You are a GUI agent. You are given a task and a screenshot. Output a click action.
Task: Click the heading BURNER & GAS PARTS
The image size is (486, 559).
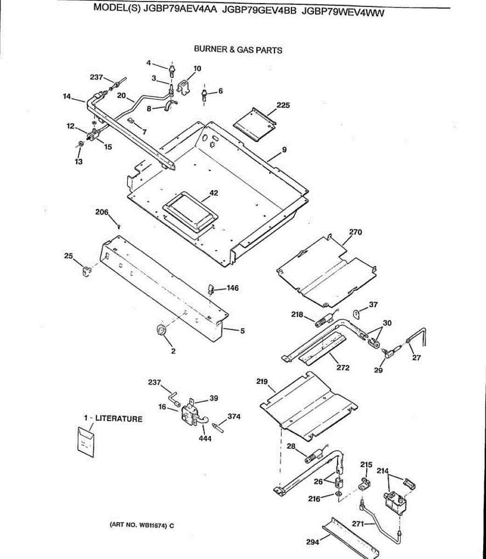(x=238, y=50)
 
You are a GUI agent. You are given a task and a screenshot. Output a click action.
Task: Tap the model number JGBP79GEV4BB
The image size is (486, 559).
(x=260, y=12)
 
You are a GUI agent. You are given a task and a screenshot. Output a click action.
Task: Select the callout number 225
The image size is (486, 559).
(x=283, y=105)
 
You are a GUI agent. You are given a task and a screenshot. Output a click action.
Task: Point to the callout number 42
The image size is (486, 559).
(x=214, y=193)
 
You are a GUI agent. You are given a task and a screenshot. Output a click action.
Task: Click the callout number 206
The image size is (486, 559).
(x=102, y=212)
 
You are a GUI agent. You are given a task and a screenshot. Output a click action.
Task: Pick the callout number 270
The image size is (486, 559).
(x=355, y=232)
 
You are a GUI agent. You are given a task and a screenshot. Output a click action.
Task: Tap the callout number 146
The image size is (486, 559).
(x=232, y=288)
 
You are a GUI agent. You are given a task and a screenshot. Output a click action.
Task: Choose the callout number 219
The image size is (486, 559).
(x=262, y=382)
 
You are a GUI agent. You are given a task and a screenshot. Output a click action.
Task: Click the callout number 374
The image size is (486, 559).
(x=234, y=416)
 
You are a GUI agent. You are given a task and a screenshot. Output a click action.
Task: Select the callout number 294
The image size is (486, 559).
(x=312, y=542)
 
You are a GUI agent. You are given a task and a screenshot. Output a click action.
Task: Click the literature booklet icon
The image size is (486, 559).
(x=85, y=439)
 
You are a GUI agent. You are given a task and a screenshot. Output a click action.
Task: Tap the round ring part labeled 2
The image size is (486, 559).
(x=161, y=330)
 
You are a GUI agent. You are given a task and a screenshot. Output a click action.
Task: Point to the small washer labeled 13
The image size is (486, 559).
(x=80, y=143)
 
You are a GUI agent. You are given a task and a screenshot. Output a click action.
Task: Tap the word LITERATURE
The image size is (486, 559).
(x=118, y=419)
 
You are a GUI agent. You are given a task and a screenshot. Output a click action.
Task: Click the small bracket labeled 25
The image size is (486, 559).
(x=86, y=270)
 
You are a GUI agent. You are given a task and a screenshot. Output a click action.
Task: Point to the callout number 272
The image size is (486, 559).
(x=343, y=368)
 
